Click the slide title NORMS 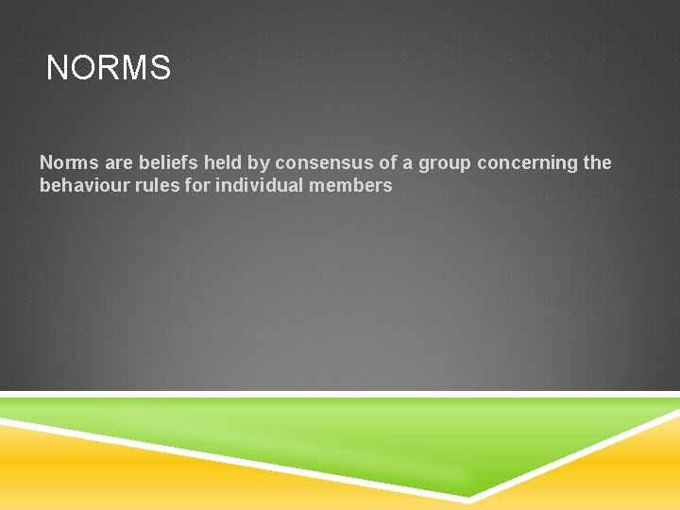click(x=109, y=69)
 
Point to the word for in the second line click(x=198, y=186)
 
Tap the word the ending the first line click(x=598, y=163)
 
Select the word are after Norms click(x=116, y=163)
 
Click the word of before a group click(x=388, y=163)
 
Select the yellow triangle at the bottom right click(x=614, y=472)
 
